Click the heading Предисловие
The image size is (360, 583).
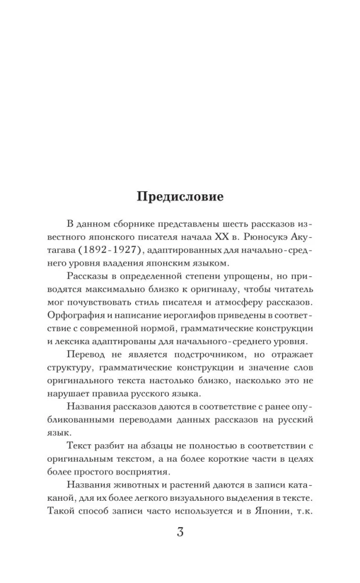pos(180,196)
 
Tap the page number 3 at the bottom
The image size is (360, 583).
pos(180,532)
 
